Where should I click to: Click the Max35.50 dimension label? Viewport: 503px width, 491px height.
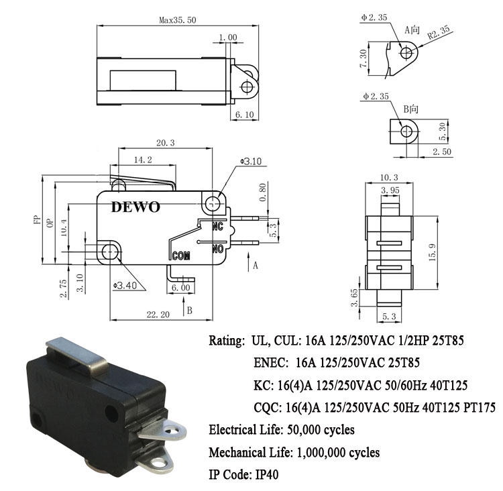(178, 20)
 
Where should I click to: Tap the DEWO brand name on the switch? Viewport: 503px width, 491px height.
(135, 207)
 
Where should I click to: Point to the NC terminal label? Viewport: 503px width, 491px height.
(217, 227)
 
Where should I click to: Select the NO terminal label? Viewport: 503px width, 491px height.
(218, 249)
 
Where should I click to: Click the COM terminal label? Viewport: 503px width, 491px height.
(181, 256)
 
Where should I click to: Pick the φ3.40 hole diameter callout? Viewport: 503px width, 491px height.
(125, 285)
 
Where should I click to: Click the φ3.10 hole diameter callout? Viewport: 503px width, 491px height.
(251, 161)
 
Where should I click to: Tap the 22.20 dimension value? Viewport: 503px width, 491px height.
(158, 315)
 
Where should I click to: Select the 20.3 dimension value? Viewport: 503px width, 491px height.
(166, 143)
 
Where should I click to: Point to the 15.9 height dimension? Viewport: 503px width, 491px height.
(432, 252)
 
